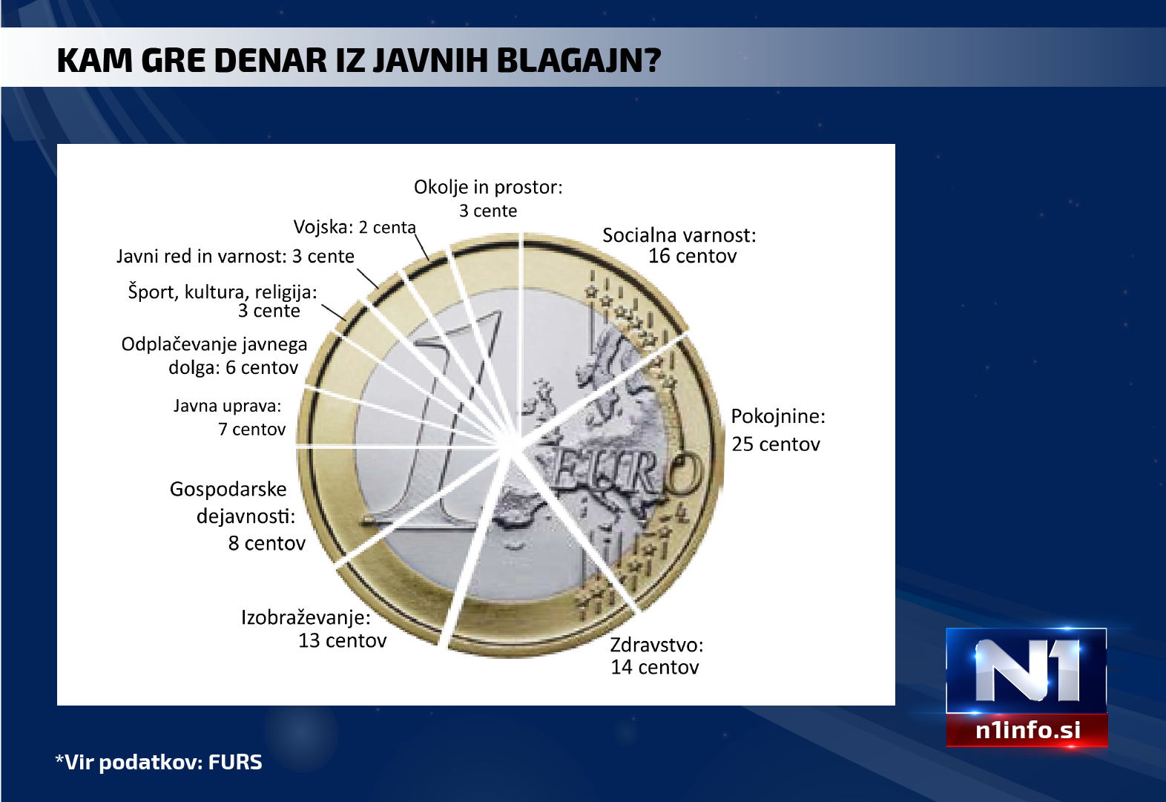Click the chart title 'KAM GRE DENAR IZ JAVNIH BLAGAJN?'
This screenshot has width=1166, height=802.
pyautogui.click(x=359, y=60)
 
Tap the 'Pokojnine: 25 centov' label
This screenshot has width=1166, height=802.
pyautogui.click(x=777, y=430)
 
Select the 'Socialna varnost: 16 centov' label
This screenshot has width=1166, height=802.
pyautogui.click(x=679, y=246)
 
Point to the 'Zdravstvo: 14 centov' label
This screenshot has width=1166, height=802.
pyautogui.click(x=656, y=656)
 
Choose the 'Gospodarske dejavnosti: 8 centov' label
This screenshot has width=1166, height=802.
pyautogui.click(x=237, y=516)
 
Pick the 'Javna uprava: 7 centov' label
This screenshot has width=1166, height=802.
pyautogui.click(x=229, y=417)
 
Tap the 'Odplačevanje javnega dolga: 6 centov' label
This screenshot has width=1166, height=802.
pyautogui.click(x=214, y=355)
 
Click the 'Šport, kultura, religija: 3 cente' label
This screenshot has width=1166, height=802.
pyautogui.click(x=223, y=301)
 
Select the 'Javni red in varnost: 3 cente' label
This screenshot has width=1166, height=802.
pyautogui.click(x=235, y=256)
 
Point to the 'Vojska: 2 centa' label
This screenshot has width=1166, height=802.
pyautogui.click(x=355, y=227)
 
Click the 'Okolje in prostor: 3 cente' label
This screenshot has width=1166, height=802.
pyautogui.click(x=488, y=199)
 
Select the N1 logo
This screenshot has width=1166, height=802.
pyautogui.click(x=1027, y=671)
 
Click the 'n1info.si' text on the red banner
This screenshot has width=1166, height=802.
pyautogui.click(x=1028, y=730)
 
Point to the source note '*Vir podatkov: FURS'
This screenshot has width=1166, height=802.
pyautogui.click(x=159, y=763)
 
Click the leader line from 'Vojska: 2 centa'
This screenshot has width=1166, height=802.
pyautogui.click(x=421, y=247)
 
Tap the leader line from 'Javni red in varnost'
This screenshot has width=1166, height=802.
pyautogui.click(x=367, y=279)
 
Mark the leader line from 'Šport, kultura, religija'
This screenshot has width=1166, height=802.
pyautogui.click(x=334, y=312)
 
